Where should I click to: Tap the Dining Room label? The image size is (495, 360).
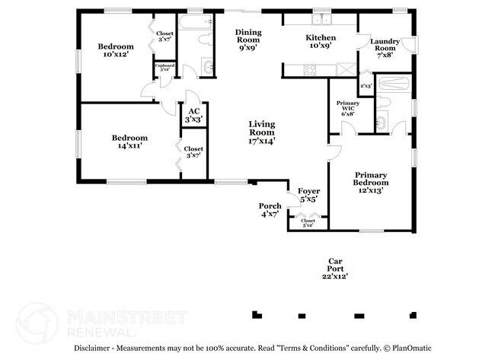[248, 39]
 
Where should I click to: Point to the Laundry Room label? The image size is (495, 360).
[385, 47]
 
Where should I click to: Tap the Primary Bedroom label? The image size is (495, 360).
[371, 183]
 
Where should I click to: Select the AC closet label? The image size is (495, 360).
[194, 115]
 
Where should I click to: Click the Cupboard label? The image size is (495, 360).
[165, 67]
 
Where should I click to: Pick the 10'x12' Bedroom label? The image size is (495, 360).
[116, 51]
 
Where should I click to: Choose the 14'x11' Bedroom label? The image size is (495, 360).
[129, 142]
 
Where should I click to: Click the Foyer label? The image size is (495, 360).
[308, 195]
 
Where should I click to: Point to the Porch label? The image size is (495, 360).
[270, 209]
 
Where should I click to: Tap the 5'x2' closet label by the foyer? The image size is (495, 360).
[308, 222]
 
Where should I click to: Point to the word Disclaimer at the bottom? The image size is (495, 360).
[94, 348]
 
